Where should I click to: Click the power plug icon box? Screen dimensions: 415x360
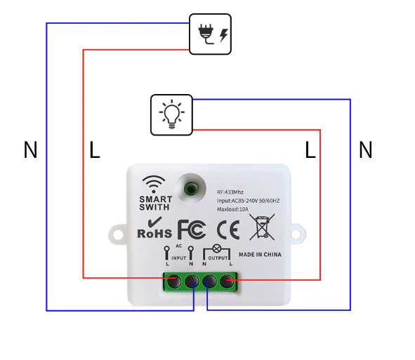[x=210, y=34]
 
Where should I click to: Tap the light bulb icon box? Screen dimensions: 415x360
[x=171, y=115]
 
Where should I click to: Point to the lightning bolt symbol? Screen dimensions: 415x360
[x=223, y=35]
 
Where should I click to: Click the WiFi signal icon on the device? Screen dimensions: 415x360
[x=154, y=184]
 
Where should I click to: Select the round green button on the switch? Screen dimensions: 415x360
[x=191, y=188]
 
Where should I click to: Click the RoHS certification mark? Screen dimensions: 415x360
[x=154, y=228]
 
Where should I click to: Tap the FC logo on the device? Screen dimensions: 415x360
[x=192, y=229]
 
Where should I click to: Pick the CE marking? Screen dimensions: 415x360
[x=228, y=229]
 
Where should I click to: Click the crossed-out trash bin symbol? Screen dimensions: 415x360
[x=262, y=227]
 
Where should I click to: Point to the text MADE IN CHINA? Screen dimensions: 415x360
[x=260, y=255]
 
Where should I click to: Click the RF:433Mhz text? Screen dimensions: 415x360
[x=230, y=192]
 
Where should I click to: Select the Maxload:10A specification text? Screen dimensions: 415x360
[x=232, y=209]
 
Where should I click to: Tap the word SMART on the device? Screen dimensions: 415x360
[x=156, y=199]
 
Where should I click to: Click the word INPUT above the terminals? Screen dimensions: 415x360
[x=179, y=258]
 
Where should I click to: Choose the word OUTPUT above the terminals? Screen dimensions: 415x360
[x=218, y=258]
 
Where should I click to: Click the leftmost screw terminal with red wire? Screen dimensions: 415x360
[x=174, y=281]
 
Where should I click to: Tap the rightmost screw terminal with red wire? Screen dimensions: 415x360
[x=227, y=281]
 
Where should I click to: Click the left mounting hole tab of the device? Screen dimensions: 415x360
[x=118, y=234]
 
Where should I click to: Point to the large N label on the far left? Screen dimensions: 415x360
[x=30, y=149]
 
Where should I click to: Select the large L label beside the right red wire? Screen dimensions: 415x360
[x=310, y=149]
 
